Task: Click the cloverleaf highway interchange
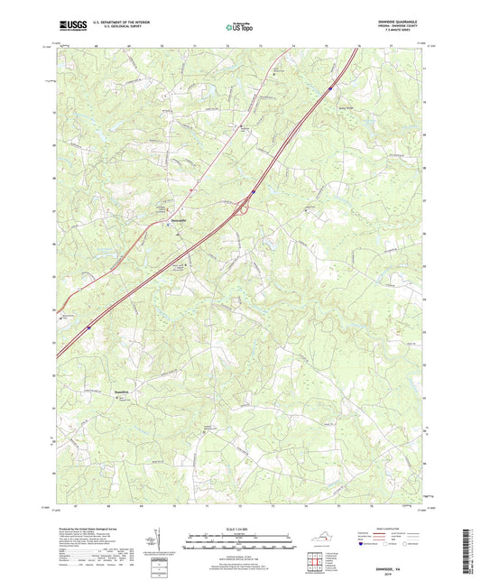(242, 208)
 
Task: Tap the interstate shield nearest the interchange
(254, 191)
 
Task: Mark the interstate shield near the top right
(331, 88)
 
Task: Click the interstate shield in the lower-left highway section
(88, 327)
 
